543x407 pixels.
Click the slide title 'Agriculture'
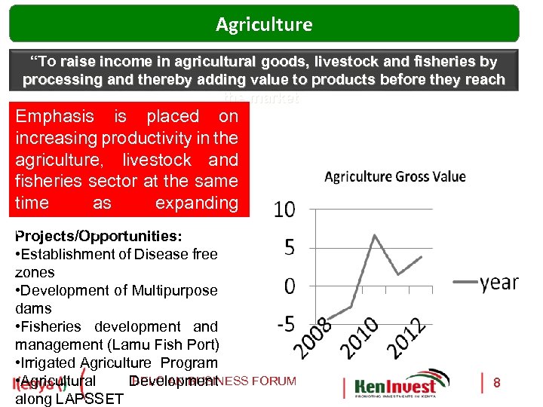tap(264, 24)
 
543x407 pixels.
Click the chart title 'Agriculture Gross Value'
tap(394, 177)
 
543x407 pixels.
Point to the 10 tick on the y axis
tap(284, 210)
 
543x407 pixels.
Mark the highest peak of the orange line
tap(376, 235)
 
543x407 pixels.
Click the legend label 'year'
tap(499, 283)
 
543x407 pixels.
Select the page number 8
tap(496, 383)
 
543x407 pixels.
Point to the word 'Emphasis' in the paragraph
tap(55, 116)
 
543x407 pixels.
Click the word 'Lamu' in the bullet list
tap(140, 344)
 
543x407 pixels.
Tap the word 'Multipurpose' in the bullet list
tap(174, 290)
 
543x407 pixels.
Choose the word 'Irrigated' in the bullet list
tap(48, 363)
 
